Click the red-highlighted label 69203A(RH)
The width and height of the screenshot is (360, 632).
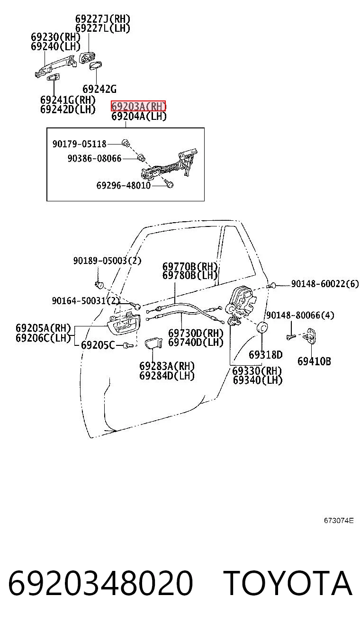(138, 106)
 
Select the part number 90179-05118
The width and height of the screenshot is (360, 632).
(79, 144)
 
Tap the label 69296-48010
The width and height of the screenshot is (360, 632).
(124, 185)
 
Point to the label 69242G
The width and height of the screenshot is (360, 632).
(99, 89)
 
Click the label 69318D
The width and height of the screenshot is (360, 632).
(265, 355)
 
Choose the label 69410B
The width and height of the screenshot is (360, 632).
(314, 361)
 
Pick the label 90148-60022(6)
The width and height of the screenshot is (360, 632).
(325, 284)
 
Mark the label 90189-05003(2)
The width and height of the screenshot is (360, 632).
(107, 261)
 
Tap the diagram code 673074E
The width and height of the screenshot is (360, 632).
(339, 521)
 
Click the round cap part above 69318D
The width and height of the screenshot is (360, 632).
(262, 327)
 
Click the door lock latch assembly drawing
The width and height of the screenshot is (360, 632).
(242, 301)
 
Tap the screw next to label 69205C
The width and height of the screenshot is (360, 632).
(128, 345)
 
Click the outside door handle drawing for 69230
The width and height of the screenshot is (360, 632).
(55, 67)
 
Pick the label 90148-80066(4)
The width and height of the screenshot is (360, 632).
(300, 315)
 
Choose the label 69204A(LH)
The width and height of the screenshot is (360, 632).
(139, 116)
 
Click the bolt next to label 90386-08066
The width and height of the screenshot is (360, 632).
(141, 157)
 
